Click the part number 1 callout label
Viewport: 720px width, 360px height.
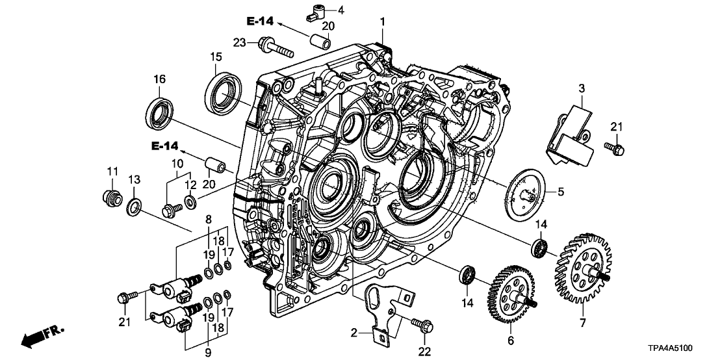pyautogui.click(x=383, y=22)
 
